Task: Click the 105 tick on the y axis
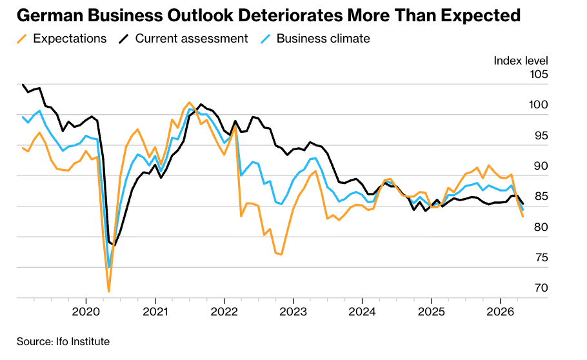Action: point(539,75)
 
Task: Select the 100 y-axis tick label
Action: point(539,105)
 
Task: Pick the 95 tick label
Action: point(540,135)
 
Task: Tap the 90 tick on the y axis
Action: point(540,166)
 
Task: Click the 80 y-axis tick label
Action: point(540,227)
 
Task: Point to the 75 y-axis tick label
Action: point(540,257)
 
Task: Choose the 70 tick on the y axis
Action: point(540,288)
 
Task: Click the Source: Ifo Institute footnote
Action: point(63,341)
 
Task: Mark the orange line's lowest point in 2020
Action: point(109,292)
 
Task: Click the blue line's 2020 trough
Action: point(109,267)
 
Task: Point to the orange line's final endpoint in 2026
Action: point(522,216)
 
